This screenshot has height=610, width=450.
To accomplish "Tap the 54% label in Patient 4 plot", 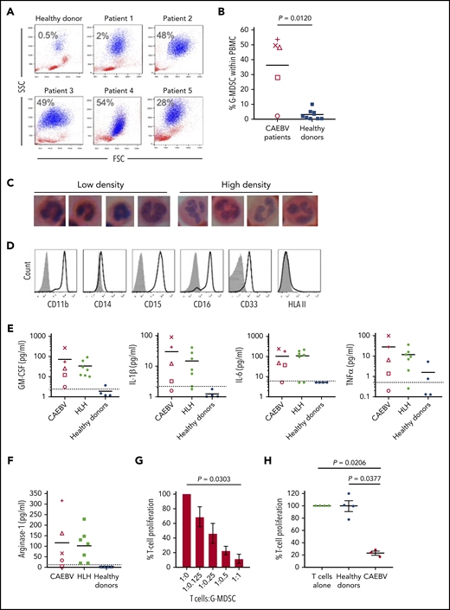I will pyautogui.click(x=106, y=103).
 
